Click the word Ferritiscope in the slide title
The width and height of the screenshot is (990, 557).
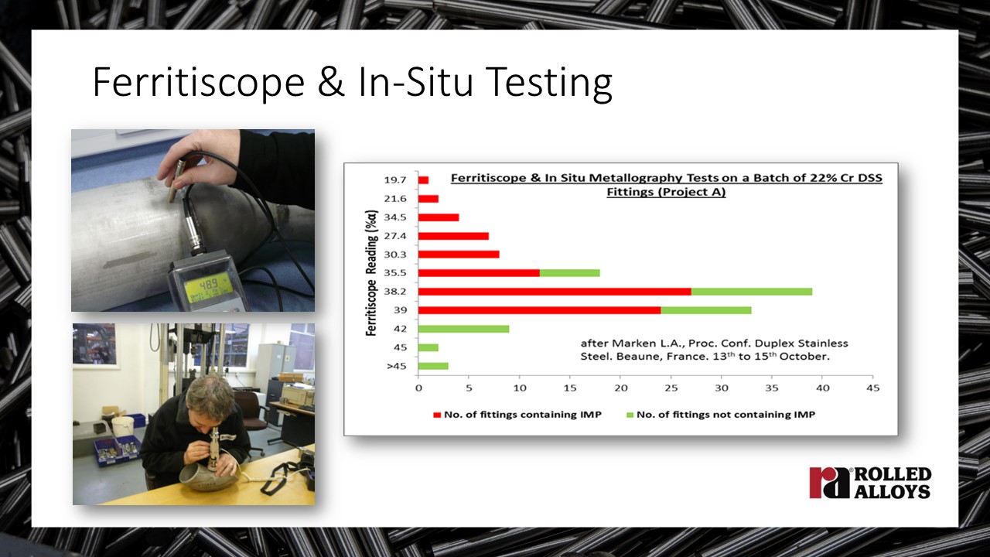pos(199,83)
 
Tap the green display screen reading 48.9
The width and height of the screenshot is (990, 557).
pos(210,287)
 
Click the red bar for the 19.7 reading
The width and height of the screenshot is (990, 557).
pos(423,180)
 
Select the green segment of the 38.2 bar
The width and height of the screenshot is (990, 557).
pos(752,292)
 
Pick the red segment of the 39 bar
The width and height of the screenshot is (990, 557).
pos(539,310)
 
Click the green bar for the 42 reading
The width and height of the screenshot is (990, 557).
pos(463,329)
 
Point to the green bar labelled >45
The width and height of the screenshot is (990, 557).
pos(433,366)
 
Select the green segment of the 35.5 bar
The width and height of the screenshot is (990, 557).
pos(570,273)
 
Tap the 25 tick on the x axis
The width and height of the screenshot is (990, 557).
pos(671,388)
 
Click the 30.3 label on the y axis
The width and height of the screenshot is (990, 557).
pos(394,255)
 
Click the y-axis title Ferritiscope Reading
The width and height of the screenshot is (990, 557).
pos(372,273)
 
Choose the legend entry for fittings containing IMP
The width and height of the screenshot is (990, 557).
pos(517,415)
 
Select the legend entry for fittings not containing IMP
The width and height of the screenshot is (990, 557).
pos(721,415)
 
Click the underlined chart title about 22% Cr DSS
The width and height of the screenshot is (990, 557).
pos(666,185)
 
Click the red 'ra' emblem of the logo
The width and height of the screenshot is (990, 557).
pos(829,482)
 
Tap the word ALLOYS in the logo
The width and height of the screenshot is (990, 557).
pos(893,490)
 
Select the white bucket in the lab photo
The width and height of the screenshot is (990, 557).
pos(123,426)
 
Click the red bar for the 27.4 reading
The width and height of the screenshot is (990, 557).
pos(453,236)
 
